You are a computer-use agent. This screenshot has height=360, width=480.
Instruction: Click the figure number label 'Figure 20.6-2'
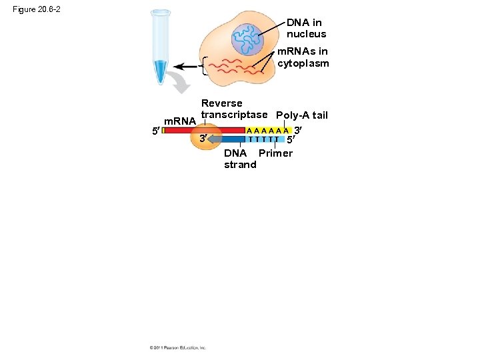pos(37,9)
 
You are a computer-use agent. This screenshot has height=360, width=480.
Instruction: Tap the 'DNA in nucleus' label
pos(306,29)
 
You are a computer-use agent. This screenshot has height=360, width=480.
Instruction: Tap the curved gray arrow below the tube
pos(179,83)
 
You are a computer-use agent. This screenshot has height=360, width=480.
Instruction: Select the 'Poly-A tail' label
pos(301,115)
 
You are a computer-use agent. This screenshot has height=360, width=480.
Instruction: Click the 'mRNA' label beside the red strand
pos(179,121)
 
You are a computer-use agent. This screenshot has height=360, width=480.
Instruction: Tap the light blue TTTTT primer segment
pos(263,139)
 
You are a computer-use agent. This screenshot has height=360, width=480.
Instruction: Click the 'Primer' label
pos(275,153)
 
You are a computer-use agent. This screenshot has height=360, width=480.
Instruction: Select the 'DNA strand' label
pos(239,159)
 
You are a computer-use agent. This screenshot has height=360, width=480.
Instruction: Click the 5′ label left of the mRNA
pos(155,131)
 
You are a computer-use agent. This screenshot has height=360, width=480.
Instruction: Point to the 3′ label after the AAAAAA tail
pos(299,129)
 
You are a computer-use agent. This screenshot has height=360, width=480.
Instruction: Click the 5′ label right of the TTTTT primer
pos(291,141)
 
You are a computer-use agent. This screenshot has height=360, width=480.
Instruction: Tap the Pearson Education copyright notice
pos(178,347)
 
